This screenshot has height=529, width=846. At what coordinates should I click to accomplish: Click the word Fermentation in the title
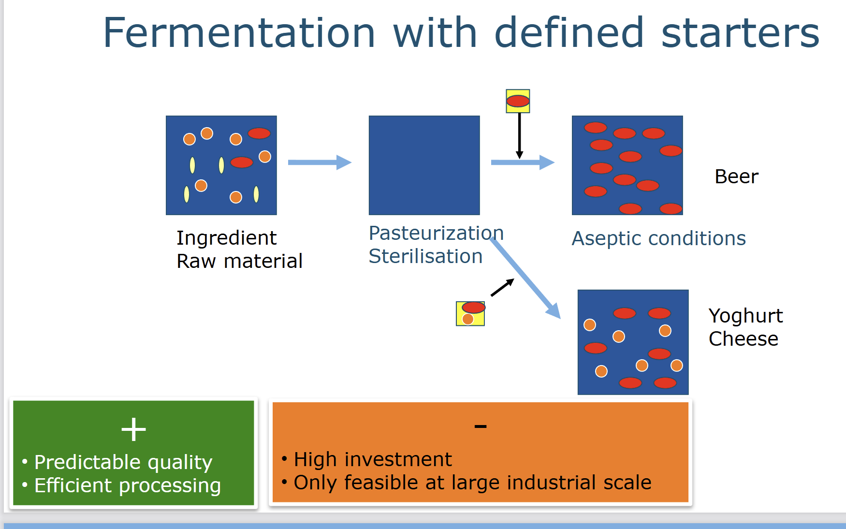click(239, 33)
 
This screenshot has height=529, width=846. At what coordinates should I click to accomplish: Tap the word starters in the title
click(740, 33)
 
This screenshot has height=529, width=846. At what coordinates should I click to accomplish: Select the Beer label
click(736, 176)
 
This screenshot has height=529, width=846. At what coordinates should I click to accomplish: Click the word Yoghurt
click(745, 316)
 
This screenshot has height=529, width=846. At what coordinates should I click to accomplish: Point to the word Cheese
click(744, 339)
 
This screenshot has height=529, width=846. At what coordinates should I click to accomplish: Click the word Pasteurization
click(436, 233)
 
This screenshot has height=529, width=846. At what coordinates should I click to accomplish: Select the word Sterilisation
click(425, 256)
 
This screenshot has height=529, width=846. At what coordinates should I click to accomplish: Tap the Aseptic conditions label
click(658, 238)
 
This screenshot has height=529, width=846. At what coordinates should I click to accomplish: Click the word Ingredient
click(226, 238)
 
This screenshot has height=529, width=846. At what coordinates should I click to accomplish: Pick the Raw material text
click(239, 261)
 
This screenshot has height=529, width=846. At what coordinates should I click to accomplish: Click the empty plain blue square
click(424, 165)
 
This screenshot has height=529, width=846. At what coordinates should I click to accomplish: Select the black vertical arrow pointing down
click(519, 136)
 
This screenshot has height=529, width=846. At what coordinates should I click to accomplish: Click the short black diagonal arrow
click(502, 287)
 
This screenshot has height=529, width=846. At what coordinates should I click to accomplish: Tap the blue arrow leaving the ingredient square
click(320, 162)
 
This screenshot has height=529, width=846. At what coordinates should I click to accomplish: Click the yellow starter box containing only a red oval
click(518, 101)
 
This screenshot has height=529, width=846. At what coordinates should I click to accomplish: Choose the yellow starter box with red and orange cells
click(470, 313)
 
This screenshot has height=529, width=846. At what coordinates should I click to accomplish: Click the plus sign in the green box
click(133, 429)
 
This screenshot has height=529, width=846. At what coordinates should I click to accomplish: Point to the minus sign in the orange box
click(481, 426)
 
